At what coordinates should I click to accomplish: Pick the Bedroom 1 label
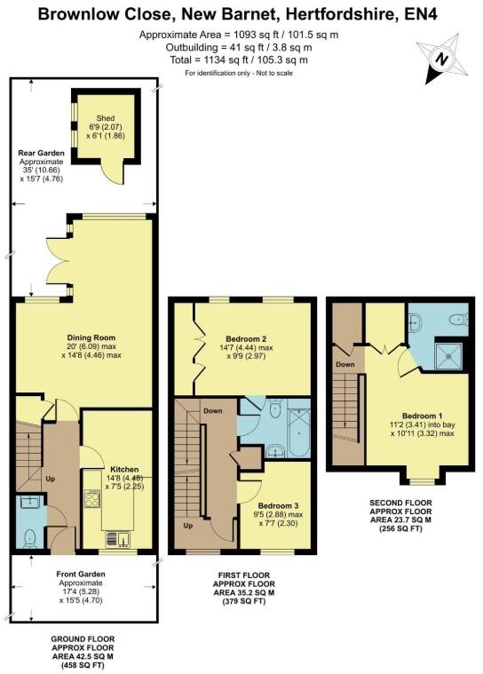[416, 416]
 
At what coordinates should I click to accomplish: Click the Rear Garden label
[42, 153]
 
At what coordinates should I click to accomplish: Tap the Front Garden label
[81, 574]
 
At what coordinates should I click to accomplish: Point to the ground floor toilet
[30, 535]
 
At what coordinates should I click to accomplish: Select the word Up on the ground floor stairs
[51, 480]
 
